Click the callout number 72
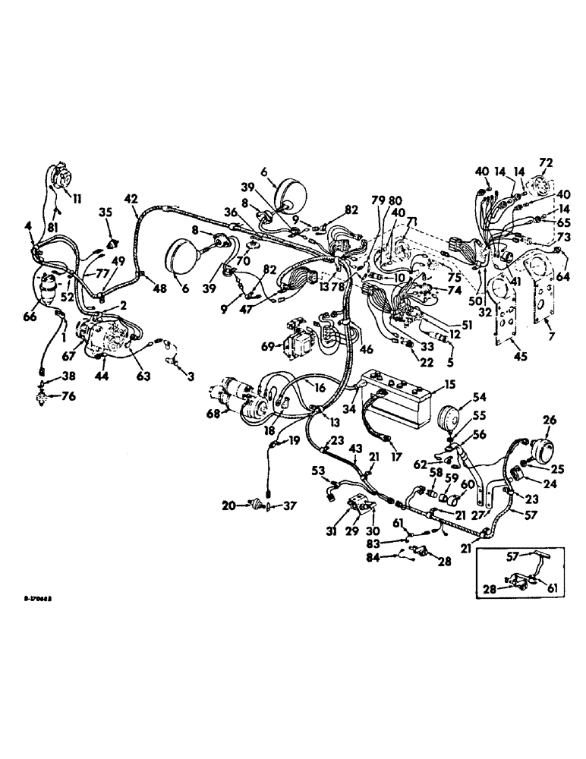[545, 162]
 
